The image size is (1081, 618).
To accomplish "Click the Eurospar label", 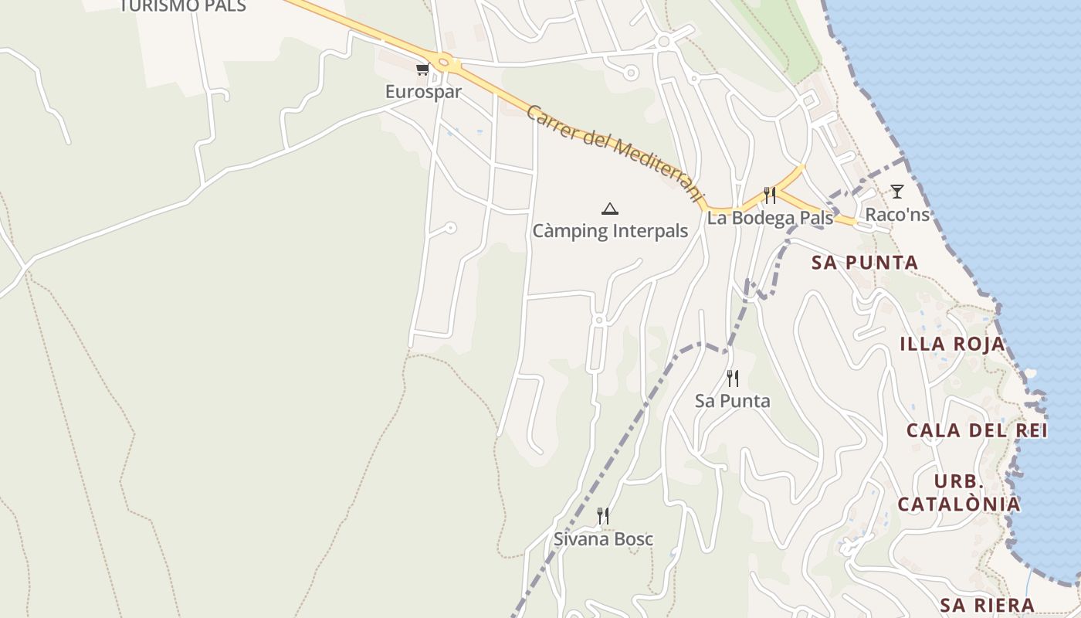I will pos(423,92).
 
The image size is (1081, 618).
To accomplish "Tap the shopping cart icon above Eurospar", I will pos(422,70).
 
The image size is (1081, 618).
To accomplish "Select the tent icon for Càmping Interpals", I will pos(610,209).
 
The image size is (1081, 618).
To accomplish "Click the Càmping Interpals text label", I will pos(610,231).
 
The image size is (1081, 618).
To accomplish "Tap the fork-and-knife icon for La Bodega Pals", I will pos(769,195).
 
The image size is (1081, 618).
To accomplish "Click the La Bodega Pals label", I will pos(770,218).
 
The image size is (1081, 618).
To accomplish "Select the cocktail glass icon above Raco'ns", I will pos(896,192).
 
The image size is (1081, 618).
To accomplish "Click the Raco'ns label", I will pos(897,214).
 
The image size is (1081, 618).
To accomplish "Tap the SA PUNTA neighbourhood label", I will pos(865,263).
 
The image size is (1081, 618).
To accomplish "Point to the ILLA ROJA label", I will pos(953,345).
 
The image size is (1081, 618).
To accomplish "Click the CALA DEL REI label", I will pos(977,430).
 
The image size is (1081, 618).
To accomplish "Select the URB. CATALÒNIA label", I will pos(959,493).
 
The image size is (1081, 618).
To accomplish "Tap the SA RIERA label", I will pos(987,605).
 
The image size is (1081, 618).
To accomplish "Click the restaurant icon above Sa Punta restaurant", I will pos(733,379).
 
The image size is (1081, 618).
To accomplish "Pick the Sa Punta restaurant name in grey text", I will pos(733,401).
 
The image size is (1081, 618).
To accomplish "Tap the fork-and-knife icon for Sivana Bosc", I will pos(603,516).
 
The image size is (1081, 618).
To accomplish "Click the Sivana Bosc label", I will pos(603,539).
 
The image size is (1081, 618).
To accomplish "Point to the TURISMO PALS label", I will pos(182,7).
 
